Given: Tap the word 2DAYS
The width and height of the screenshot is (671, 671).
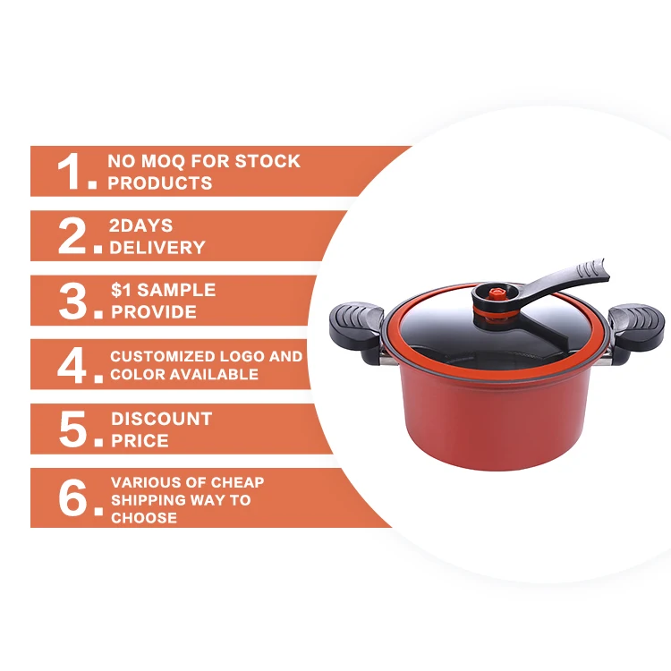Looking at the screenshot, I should [140, 225].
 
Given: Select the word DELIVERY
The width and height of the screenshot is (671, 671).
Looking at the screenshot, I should [157, 247].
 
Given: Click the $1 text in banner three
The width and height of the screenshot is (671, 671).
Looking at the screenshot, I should [121, 290].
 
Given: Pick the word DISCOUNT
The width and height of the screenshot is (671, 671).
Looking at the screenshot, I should [161, 419].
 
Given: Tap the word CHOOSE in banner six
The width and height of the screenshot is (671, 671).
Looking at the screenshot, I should [144, 518].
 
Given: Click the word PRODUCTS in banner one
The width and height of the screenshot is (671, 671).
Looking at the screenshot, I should [159, 183].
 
